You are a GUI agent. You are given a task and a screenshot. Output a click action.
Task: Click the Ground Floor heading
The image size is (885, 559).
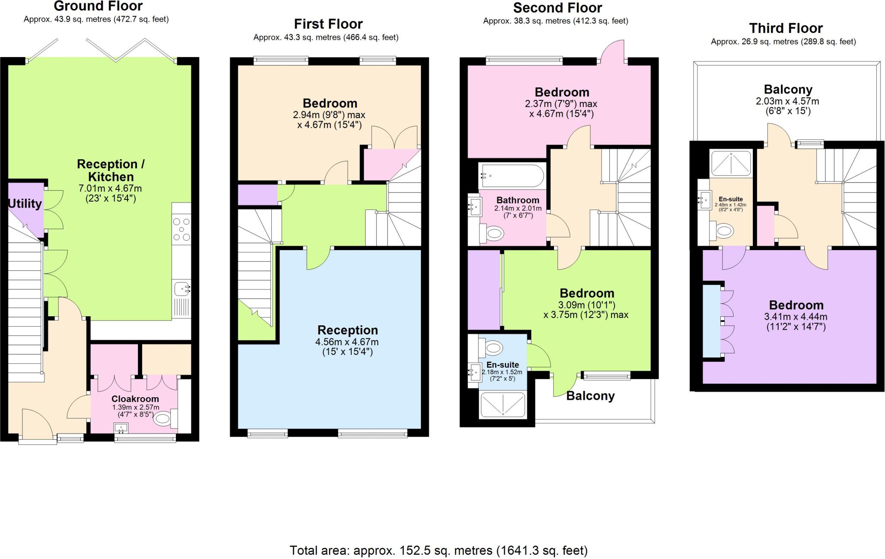[98, 6]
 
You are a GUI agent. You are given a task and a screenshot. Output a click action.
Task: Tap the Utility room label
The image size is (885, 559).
[25, 204]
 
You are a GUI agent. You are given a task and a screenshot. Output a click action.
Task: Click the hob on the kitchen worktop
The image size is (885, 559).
[181, 229]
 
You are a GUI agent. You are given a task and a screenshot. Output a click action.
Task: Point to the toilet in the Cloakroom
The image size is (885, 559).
[164, 418]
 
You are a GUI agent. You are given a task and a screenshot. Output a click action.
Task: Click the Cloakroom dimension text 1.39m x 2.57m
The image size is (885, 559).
[136, 408]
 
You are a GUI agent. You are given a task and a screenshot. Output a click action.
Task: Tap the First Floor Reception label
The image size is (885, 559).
[347, 331]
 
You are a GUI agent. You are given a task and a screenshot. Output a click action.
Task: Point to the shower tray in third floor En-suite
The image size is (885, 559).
[731, 164]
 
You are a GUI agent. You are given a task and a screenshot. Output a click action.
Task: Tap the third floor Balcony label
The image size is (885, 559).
[788, 90]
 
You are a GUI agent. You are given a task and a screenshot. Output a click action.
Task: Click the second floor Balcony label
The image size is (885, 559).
[590, 396]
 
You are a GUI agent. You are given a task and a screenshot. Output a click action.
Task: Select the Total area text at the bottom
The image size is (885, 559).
[438, 550]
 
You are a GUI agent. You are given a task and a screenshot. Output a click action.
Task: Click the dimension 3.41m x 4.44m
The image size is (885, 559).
[796, 317]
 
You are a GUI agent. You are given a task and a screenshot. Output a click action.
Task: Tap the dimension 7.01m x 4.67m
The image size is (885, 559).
[110, 189]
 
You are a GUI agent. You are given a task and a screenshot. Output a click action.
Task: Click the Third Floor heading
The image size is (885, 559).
[786, 29]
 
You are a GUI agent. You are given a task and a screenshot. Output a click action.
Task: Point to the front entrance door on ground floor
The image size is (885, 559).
[37, 426]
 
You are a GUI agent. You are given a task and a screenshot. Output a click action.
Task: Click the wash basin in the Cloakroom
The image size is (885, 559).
[121, 428]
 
